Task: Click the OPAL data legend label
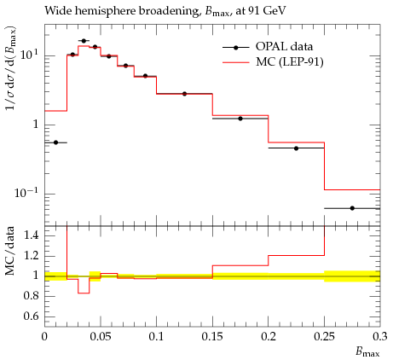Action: click(284, 47)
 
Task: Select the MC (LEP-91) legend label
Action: click(290, 62)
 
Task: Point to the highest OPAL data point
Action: click(84, 41)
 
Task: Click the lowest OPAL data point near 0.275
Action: click(352, 208)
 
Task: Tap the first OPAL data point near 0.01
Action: click(55, 142)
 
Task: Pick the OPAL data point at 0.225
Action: click(296, 148)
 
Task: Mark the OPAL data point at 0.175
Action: click(240, 119)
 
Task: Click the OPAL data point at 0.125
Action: click(184, 94)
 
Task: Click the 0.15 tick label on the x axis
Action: click(212, 337)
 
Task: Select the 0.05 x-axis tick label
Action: click(101, 337)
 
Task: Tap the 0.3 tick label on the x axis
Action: click(380, 337)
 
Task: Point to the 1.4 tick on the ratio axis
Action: click(31, 235)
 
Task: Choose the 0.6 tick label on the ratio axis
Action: click(31, 316)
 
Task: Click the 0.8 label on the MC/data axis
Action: click(31, 296)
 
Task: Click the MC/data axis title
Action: click(10, 251)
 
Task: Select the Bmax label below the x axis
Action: click(367, 352)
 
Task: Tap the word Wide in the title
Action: click(55, 11)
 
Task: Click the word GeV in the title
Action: click(275, 11)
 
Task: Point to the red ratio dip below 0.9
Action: click(84, 293)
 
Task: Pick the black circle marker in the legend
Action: click(235, 48)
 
